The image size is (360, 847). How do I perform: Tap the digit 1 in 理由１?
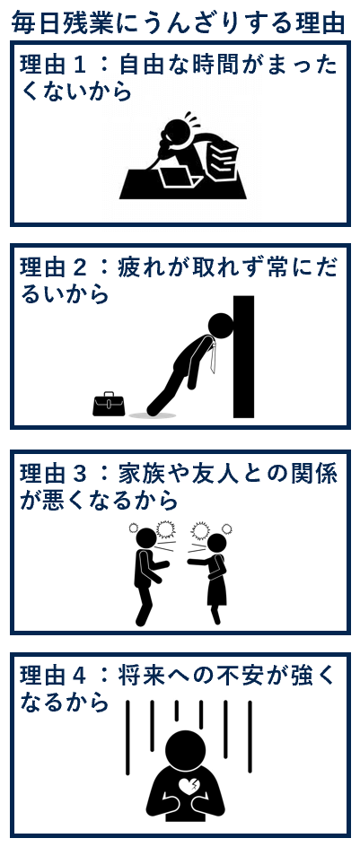(x=81, y=67)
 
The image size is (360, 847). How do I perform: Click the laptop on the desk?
(x=178, y=177)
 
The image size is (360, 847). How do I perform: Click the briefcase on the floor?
(x=109, y=404)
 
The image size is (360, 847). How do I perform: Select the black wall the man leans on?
(x=243, y=356)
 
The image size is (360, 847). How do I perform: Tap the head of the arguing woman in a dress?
(x=216, y=543)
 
